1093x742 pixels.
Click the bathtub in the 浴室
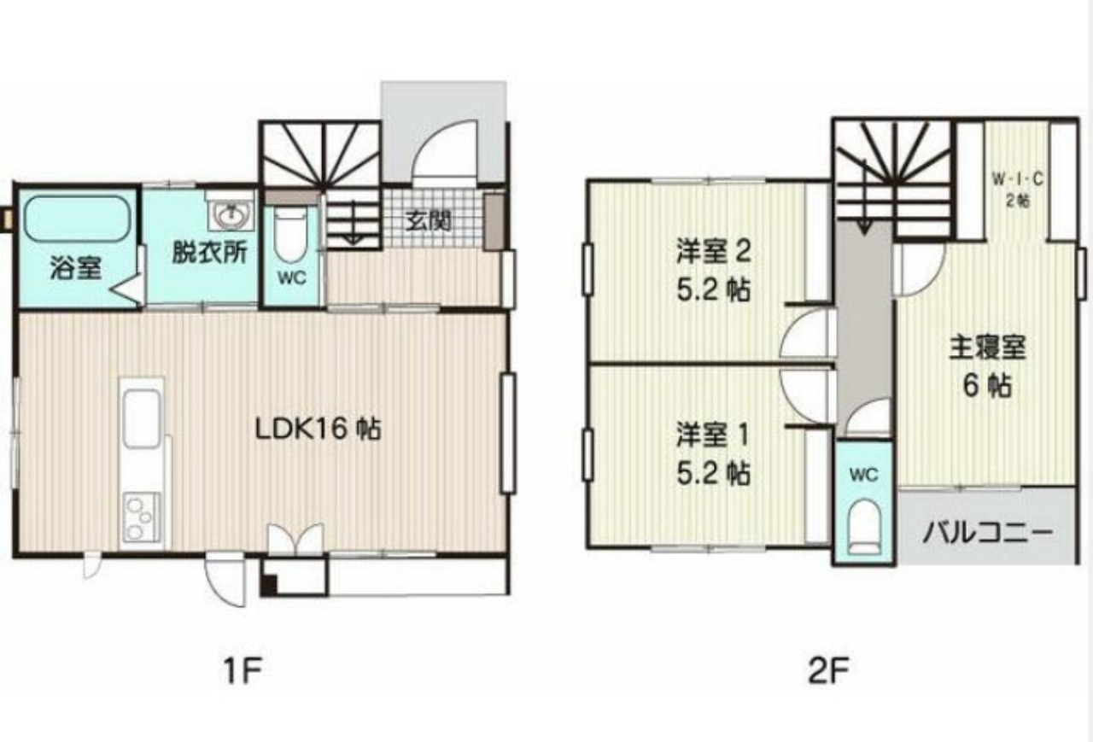coord(77,219)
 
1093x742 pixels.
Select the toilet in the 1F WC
coord(290,236)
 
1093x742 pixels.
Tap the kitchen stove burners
coord(142,516)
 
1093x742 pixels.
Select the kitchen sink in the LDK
coord(142,419)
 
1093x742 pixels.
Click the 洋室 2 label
coord(713,253)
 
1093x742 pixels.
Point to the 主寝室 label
coord(986,348)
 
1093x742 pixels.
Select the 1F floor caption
coord(243,671)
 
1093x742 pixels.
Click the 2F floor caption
coord(828,671)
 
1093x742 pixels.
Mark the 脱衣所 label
coord(209,253)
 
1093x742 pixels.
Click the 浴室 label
coord(76,268)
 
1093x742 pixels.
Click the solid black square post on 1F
coord(268,585)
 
